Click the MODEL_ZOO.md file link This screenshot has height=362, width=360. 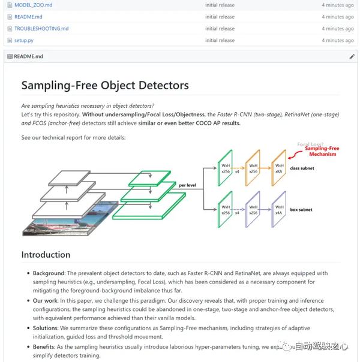[x=33, y=5]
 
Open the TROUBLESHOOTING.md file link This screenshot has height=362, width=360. [x=41, y=28]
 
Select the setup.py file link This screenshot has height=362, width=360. [x=24, y=40]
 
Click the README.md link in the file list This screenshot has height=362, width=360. [x=28, y=17]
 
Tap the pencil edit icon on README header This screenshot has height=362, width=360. [x=352, y=56]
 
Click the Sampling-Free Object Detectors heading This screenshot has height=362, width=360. [x=105, y=86]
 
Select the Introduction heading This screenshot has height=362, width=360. [x=46, y=255]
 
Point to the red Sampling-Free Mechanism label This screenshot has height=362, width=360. [x=320, y=151]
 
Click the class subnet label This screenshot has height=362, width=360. [x=302, y=168]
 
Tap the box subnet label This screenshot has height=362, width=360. [x=302, y=210]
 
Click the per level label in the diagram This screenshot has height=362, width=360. [x=188, y=185]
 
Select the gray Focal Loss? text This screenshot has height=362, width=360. [x=311, y=144]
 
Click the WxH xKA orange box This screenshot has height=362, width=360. [x=278, y=168]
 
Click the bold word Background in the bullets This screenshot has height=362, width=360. [x=49, y=273]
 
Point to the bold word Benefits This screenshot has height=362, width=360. [x=45, y=346]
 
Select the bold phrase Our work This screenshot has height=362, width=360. [x=46, y=301]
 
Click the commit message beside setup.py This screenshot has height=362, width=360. [x=220, y=40]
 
